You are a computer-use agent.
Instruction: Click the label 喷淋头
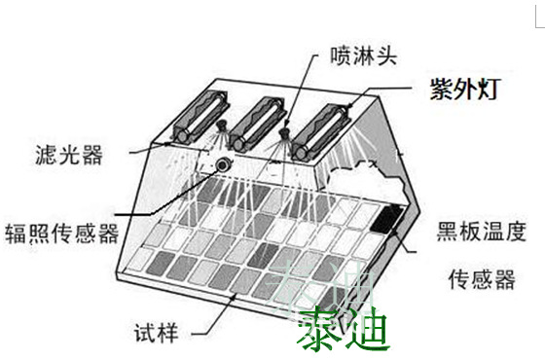[x=363, y=55]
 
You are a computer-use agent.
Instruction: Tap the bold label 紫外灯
[x=465, y=90]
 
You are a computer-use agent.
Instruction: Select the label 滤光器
[x=69, y=155]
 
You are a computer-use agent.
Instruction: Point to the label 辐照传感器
[x=62, y=234]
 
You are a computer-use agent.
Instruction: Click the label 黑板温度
[x=481, y=232]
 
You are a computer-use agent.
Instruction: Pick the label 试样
[x=156, y=333]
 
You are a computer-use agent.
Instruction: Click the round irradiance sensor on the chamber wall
[x=223, y=164]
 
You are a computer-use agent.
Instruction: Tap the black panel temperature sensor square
[x=386, y=219]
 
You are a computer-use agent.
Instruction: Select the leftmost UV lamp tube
[x=200, y=117]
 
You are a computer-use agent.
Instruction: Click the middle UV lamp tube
[x=257, y=125]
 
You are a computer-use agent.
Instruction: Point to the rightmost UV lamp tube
[x=320, y=132]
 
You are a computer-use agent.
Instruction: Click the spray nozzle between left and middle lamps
[x=221, y=125]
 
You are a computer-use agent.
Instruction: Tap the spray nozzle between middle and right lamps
[x=284, y=132]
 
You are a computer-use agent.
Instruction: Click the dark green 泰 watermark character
[x=319, y=330]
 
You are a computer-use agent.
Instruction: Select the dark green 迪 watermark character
[x=366, y=330]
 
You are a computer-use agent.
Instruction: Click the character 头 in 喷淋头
[x=385, y=55]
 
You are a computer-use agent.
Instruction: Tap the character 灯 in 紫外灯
[x=489, y=90]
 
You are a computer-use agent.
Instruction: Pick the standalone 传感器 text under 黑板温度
[x=481, y=279]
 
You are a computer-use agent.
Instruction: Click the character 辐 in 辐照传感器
[x=16, y=234]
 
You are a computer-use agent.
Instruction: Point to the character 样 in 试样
[x=167, y=333]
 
